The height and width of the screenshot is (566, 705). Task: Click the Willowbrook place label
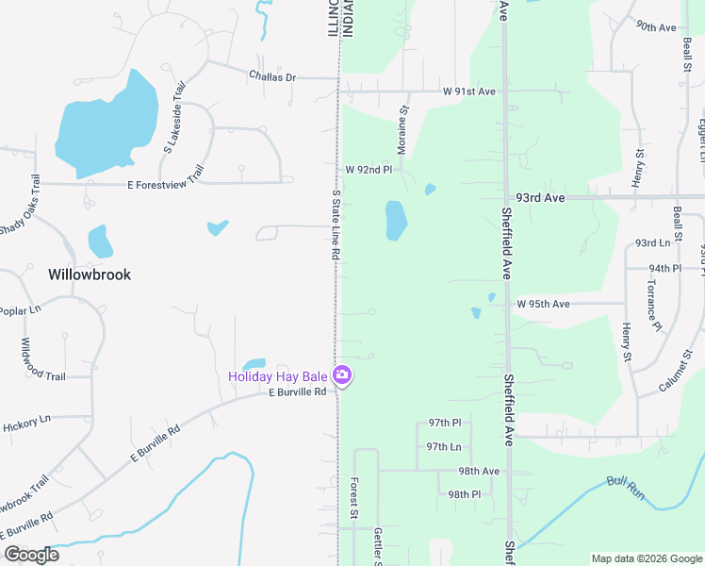pyautogui.click(x=90, y=275)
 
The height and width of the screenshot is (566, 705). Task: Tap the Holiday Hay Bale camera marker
pyautogui.click(x=342, y=375)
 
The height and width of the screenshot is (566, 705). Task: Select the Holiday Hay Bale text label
pyautogui.click(x=277, y=376)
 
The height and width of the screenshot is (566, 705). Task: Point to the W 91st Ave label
pyautogui.click(x=469, y=92)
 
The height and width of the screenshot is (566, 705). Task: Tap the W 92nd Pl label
pyautogui.click(x=368, y=169)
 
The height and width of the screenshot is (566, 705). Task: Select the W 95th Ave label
pyautogui.click(x=543, y=304)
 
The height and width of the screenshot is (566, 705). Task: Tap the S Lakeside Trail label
pyautogui.click(x=172, y=116)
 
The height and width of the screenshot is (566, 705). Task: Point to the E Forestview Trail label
pyautogui.click(x=166, y=178)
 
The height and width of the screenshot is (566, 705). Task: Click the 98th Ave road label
pyautogui.click(x=479, y=471)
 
